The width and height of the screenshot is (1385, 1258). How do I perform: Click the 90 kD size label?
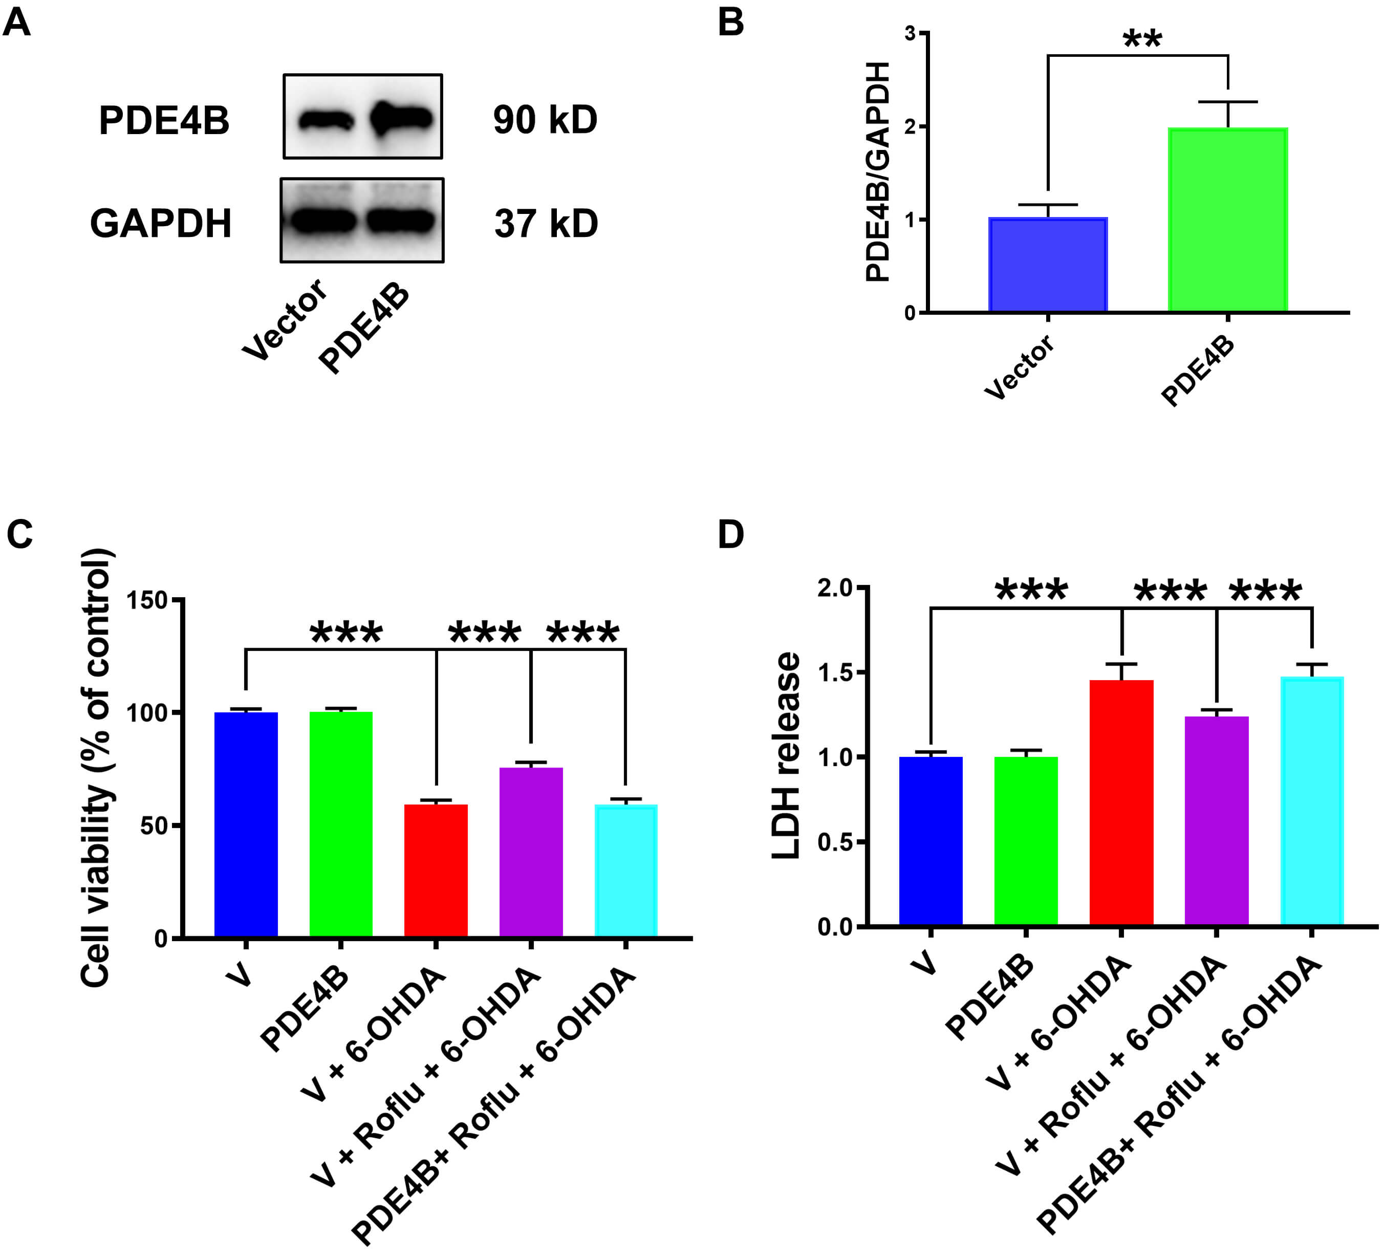click(x=545, y=120)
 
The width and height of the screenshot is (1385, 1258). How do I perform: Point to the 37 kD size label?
click(x=546, y=224)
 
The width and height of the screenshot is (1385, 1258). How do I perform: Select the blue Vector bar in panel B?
click(x=1048, y=265)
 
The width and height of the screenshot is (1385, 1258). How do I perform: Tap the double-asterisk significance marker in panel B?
click(x=1142, y=40)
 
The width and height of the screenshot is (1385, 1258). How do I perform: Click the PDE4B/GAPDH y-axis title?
click(x=878, y=172)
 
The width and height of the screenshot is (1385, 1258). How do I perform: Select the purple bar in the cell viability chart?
click(x=531, y=852)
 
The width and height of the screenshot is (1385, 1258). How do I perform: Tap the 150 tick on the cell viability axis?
click(x=148, y=600)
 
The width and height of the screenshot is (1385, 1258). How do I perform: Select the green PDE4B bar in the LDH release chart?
click(x=1026, y=841)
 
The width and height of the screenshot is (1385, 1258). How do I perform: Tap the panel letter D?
click(x=730, y=534)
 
